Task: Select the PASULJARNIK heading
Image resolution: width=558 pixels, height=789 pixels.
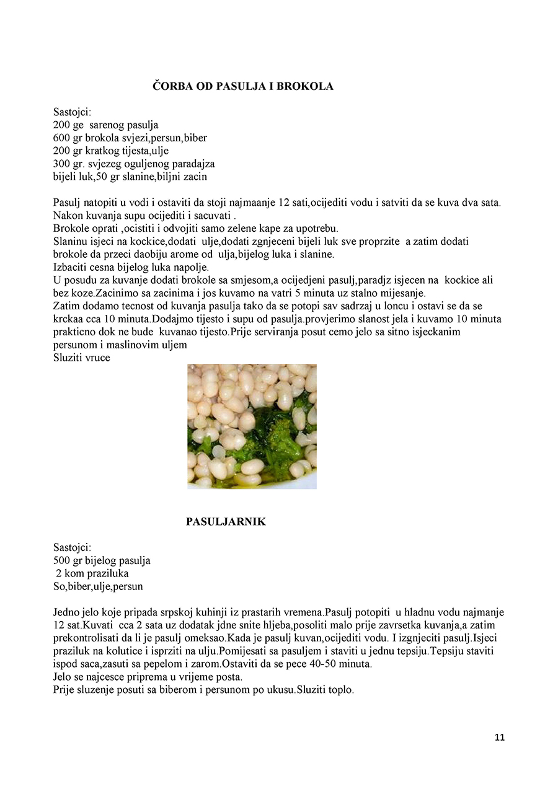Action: click(226, 522)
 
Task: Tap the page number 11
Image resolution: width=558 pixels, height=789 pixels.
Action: click(500, 737)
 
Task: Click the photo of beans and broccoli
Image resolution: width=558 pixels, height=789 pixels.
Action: click(252, 426)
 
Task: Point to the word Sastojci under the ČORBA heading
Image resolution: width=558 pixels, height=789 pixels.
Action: click(72, 112)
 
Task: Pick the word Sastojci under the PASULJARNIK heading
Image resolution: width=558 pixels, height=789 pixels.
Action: click(72, 547)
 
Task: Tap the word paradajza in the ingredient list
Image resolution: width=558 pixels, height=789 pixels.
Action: click(195, 164)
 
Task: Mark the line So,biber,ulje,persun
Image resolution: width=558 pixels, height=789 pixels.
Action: click(98, 586)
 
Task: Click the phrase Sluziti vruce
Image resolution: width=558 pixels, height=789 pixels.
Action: click(82, 358)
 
